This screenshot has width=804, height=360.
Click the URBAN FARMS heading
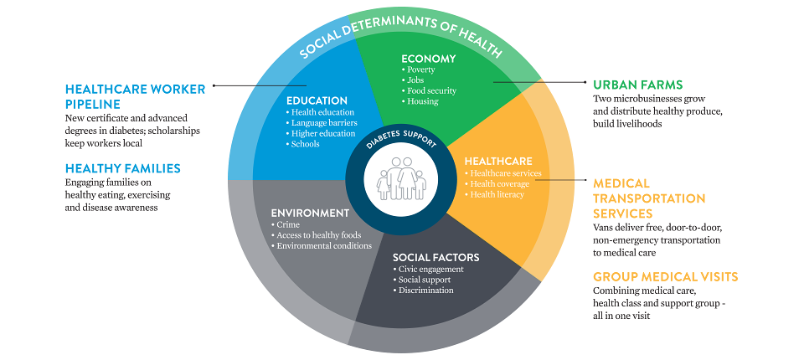[x=638, y=85]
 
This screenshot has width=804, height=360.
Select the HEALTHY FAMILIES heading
[x=123, y=168]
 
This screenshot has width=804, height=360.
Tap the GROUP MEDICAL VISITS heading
[x=665, y=277]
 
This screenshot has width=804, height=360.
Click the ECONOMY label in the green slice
[x=428, y=59]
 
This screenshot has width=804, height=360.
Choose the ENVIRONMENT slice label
[x=310, y=213]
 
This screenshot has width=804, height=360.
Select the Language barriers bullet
[x=322, y=123]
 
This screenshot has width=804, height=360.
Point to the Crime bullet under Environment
[x=282, y=225]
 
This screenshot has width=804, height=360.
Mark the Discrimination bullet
[x=426, y=291]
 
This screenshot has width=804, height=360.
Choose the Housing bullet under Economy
[x=422, y=101]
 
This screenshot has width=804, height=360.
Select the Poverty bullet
[x=422, y=69]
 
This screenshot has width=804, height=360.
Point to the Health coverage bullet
[x=500, y=184]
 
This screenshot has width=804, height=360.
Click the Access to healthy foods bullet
[x=317, y=235]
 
